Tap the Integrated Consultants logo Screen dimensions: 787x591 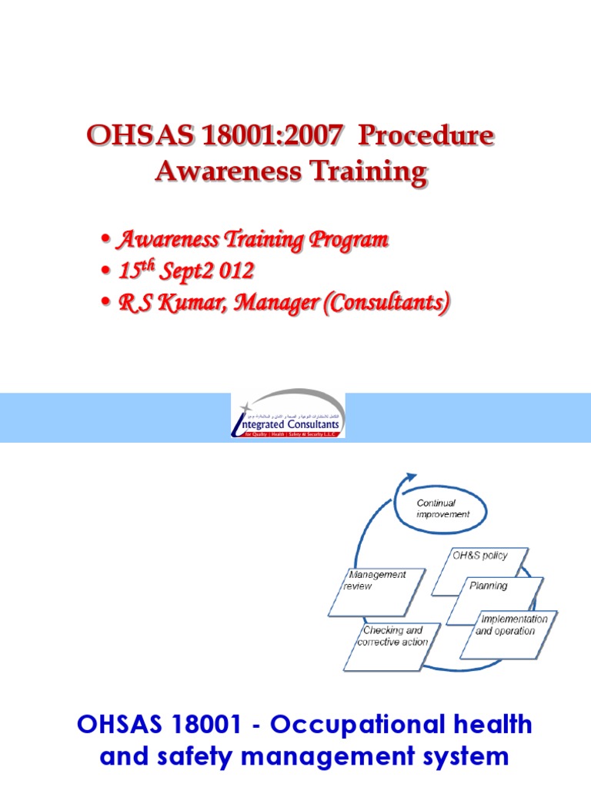288,415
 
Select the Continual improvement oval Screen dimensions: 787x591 442,509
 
